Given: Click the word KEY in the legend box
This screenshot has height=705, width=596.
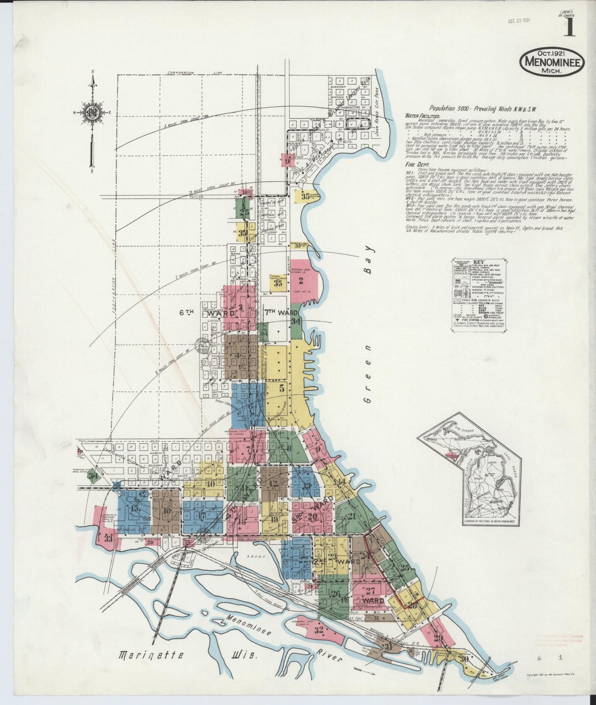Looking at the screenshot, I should click(x=478, y=262).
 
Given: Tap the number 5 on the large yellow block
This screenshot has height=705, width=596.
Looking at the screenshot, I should click(x=282, y=388).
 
